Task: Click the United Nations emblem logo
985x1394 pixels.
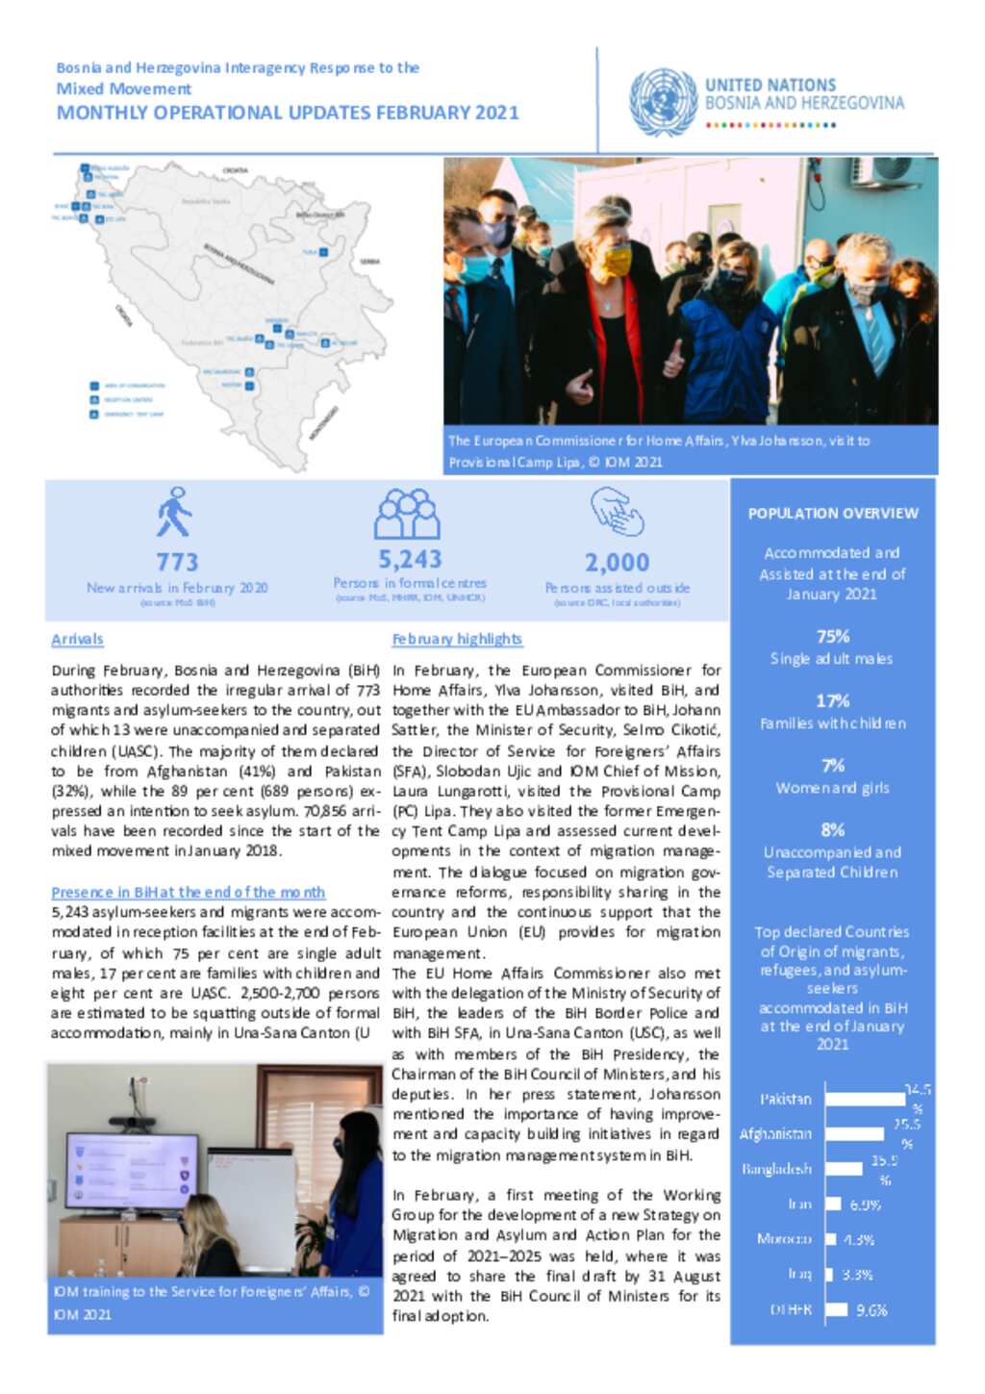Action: pyautogui.click(x=663, y=102)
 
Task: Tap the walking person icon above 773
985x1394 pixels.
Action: pyautogui.click(x=174, y=512)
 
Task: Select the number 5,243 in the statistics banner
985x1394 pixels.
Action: pyautogui.click(x=410, y=559)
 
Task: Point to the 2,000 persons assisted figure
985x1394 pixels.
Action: pyautogui.click(x=617, y=562)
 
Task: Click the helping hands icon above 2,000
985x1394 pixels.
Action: pyautogui.click(x=617, y=511)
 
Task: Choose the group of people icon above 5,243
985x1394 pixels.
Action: pyautogui.click(x=408, y=514)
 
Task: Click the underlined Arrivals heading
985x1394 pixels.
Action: pyautogui.click(x=77, y=639)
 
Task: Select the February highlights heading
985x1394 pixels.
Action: pyautogui.click(x=457, y=639)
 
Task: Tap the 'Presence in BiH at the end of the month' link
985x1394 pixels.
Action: pyautogui.click(x=189, y=892)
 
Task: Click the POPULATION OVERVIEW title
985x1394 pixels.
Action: pyautogui.click(x=833, y=514)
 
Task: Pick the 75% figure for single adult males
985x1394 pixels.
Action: pyautogui.click(x=833, y=636)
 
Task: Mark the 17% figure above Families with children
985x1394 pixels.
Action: pyautogui.click(x=833, y=700)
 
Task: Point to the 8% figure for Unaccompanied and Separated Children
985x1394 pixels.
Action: pyautogui.click(x=833, y=829)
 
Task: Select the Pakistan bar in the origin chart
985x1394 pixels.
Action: pyautogui.click(x=865, y=1099)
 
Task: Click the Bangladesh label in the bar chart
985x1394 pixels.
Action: pyautogui.click(x=776, y=1169)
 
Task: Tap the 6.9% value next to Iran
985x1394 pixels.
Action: pyautogui.click(x=866, y=1204)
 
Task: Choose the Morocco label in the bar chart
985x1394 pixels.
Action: pyautogui.click(x=784, y=1239)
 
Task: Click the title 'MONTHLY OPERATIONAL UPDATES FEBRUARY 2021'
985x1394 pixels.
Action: pyautogui.click(x=288, y=113)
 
